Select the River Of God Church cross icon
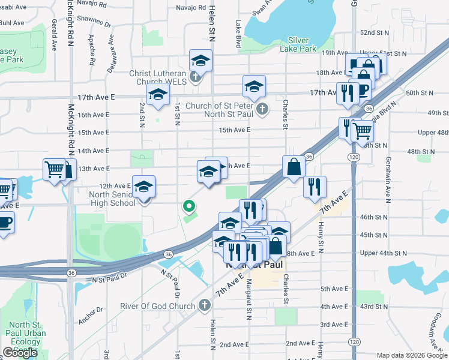point(204,306)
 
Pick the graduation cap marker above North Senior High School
point(144,187)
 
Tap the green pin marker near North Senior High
point(189,207)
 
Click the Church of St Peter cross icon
point(262,109)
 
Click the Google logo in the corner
point(20,353)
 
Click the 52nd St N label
point(374,32)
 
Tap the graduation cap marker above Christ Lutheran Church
point(201,61)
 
